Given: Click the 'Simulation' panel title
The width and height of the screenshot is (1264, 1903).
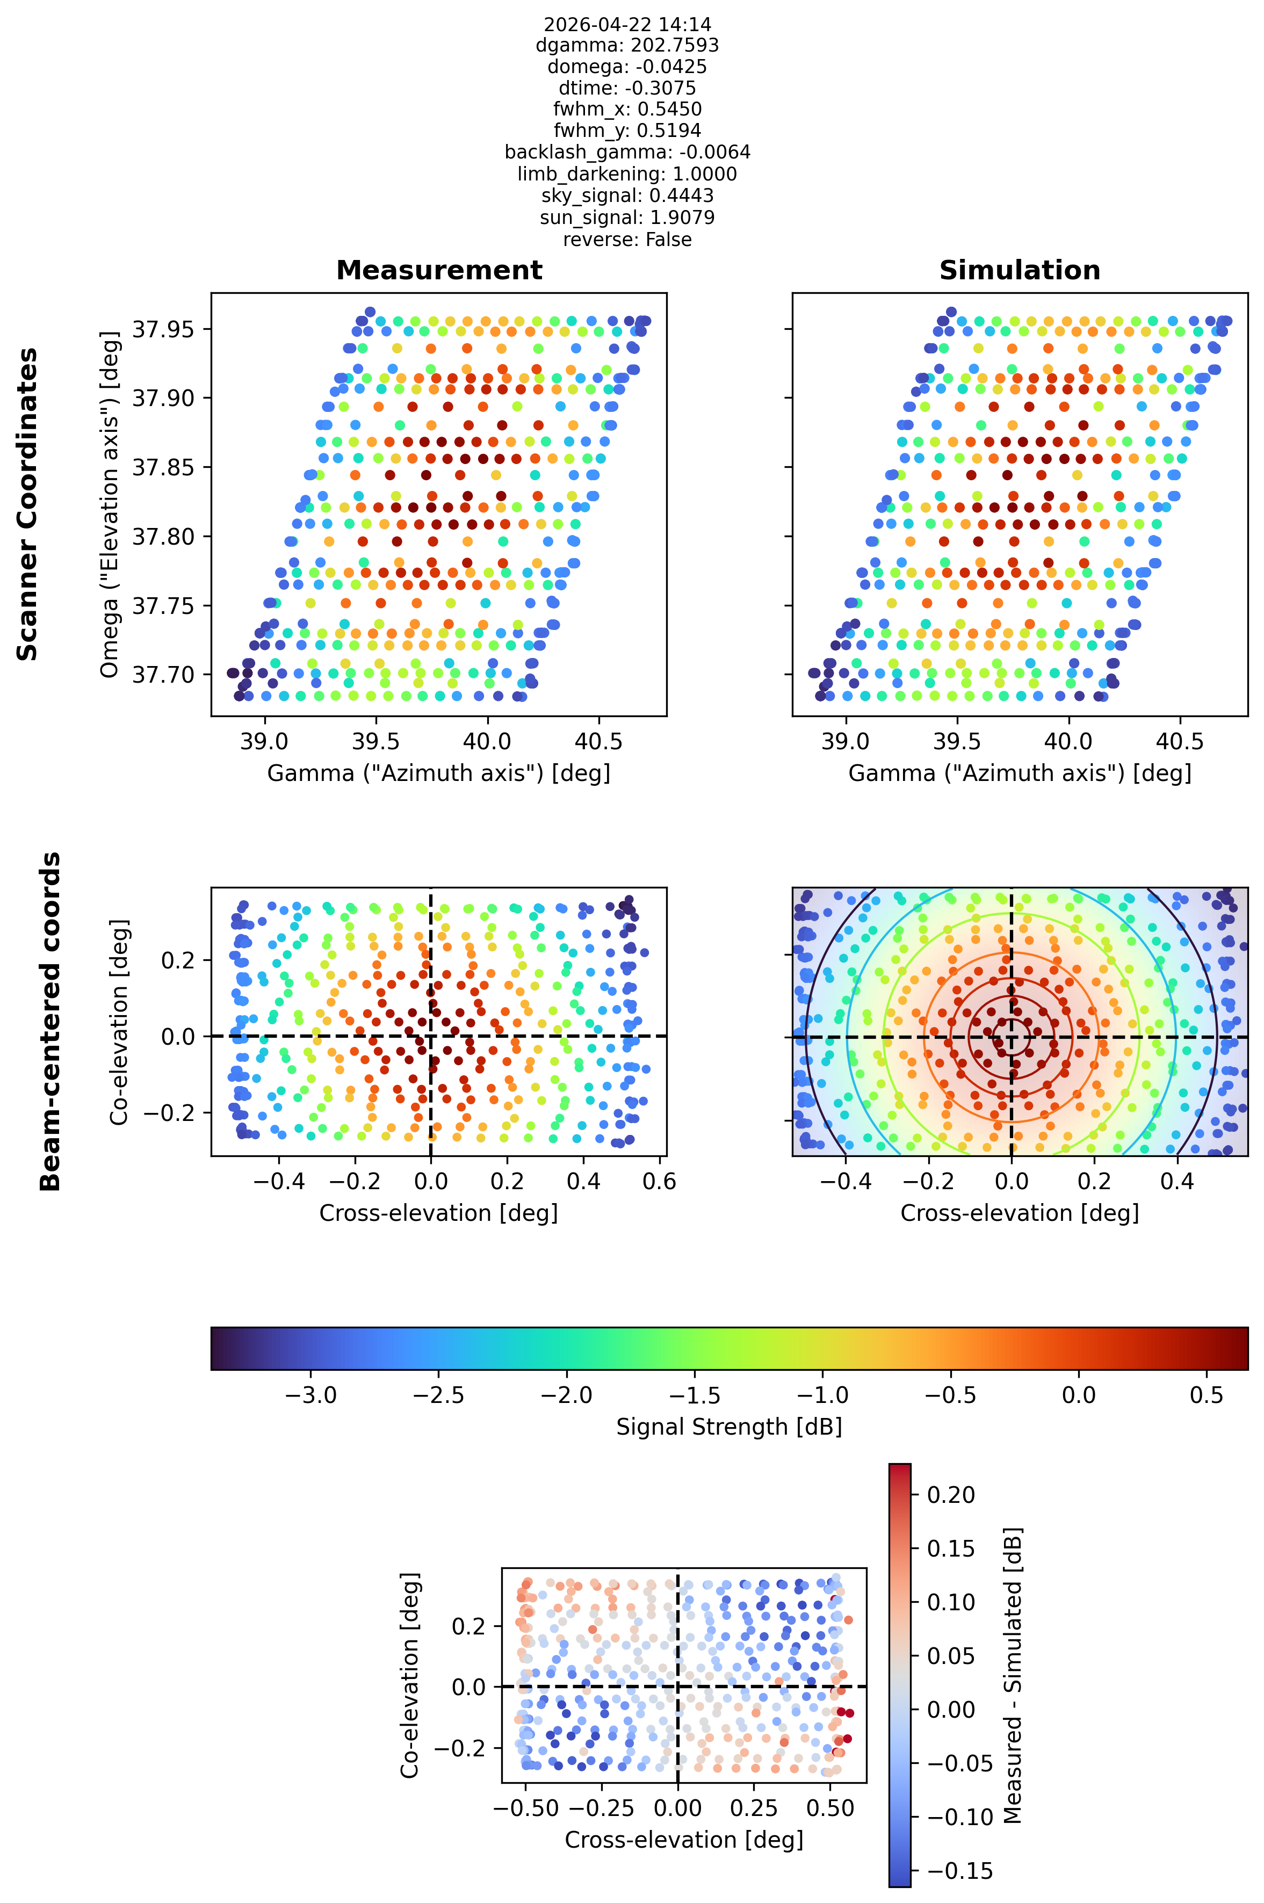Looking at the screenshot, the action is click(1020, 270).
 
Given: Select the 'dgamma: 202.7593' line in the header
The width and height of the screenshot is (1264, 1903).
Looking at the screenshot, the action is click(627, 45).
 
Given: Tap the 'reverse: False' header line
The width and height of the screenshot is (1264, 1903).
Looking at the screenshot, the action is click(627, 240).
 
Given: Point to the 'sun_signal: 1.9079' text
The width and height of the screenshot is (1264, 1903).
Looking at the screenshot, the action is click(627, 218).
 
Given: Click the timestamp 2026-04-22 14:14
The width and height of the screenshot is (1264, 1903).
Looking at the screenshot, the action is click(627, 24).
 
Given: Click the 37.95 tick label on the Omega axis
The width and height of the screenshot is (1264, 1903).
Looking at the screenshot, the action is click(163, 329).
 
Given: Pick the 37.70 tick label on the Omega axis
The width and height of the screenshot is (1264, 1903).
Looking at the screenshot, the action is click(163, 674).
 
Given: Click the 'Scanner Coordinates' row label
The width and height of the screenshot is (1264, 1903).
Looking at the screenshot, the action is click(27, 504).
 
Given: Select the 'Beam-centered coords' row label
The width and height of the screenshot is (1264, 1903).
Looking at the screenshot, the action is click(50, 1021).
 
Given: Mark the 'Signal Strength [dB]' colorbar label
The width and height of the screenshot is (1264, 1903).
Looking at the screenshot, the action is click(729, 1427).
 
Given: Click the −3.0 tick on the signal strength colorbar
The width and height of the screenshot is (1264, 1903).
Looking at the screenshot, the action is click(311, 1395).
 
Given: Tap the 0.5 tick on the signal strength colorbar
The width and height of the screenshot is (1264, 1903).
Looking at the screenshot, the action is click(1206, 1395).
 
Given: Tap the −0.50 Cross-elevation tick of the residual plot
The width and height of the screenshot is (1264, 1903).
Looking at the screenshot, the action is click(525, 1808).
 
